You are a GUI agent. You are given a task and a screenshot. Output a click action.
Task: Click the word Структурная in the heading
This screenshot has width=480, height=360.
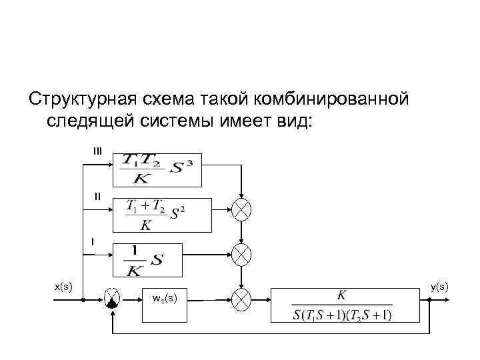(79, 100)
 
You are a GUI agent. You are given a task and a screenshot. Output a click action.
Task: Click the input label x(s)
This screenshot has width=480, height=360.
(63, 286)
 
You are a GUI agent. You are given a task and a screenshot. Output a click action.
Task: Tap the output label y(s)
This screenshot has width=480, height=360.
(439, 286)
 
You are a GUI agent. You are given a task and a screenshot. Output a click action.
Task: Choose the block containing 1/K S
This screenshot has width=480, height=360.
(147, 259)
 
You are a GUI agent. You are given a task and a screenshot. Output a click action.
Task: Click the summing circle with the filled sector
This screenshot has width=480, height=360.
(112, 300)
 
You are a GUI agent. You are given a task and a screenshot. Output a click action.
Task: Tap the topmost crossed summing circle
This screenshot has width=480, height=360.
(241, 209)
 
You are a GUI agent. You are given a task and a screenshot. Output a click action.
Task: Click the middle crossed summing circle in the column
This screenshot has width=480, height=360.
(241, 253)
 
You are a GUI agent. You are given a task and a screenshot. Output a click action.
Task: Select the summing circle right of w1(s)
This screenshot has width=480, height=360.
(241, 299)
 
